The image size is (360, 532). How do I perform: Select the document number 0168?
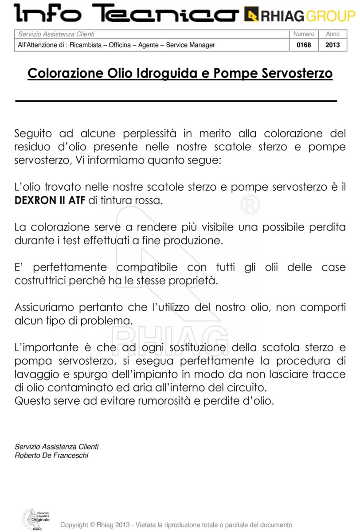click(304, 45)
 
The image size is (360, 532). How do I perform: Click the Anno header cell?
click(333, 34)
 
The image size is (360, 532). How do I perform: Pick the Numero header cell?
click(304, 34)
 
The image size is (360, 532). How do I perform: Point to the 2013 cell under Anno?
click(333, 45)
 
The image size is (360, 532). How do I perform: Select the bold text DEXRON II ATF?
click(50, 200)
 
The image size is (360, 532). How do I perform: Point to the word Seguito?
click(33, 133)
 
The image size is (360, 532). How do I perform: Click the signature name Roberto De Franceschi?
click(51, 455)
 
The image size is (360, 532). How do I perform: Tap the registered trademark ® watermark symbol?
click(250, 205)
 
